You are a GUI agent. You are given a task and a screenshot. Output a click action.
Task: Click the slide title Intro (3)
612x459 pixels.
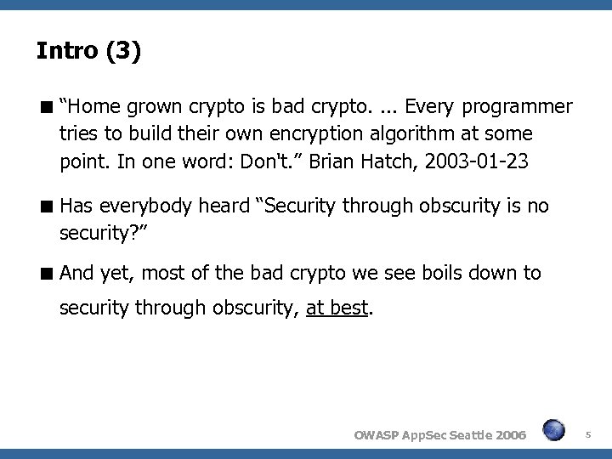click(x=89, y=52)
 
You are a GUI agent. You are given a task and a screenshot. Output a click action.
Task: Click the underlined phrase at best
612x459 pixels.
click(x=337, y=309)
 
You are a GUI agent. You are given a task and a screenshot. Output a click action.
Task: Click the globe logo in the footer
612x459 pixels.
click(x=554, y=431)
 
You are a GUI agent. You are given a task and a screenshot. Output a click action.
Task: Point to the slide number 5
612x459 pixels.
click(x=588, y=433)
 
